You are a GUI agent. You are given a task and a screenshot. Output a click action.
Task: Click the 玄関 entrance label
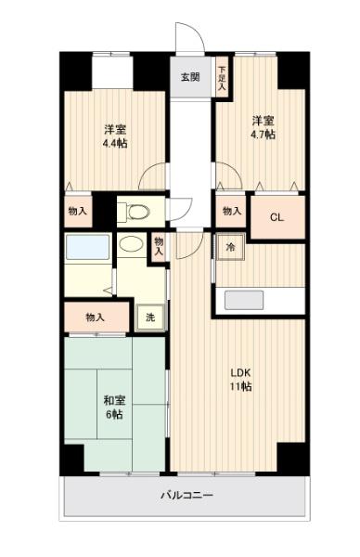(190, 77)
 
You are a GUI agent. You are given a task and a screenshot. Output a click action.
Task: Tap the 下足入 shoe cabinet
(223, 77)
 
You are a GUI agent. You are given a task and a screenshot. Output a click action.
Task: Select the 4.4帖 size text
(115, 144)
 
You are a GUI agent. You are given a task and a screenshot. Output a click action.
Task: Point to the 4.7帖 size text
(264, 135)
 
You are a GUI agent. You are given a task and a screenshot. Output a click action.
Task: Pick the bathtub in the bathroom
(87, 247)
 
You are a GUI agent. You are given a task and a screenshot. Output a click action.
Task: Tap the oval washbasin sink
(131, 244)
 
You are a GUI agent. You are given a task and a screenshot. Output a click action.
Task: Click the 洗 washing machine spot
(150, 317)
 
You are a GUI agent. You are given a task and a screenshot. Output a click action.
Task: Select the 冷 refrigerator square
(231, 247)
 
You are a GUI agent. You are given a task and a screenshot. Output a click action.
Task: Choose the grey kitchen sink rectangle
(244, 300)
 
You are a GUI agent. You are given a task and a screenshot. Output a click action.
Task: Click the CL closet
(278, 217)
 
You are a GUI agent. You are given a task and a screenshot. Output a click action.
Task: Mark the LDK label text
(240, 373)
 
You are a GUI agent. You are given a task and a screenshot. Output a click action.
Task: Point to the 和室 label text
(114, 401)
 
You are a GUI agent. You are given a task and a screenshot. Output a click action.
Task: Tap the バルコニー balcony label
(186, 495)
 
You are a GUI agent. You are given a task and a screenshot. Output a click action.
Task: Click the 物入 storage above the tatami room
(96, 317)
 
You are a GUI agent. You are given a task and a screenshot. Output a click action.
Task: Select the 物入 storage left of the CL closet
(231, 212)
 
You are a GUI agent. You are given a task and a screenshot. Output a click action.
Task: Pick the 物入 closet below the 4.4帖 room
(78, 212)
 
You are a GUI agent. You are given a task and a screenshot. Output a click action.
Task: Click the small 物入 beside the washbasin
(159, 247)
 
